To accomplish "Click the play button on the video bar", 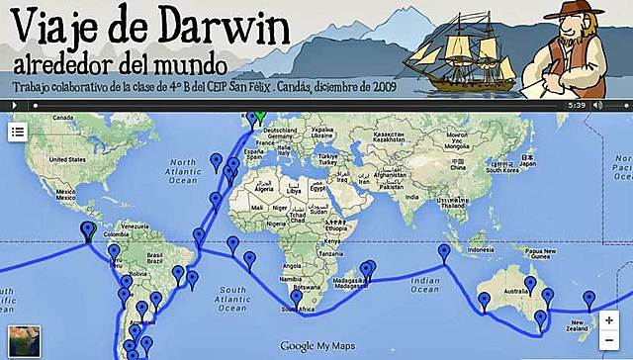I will coord(15,104).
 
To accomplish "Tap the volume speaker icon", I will coord(598,104).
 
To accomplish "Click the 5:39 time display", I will coord(578,104).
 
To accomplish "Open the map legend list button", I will coord(18,133).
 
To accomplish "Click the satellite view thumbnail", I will coord(24,339).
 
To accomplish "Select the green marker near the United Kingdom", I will coord(258,117).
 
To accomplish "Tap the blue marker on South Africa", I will coord(294,299).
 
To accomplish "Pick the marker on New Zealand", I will coord(589,300).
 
